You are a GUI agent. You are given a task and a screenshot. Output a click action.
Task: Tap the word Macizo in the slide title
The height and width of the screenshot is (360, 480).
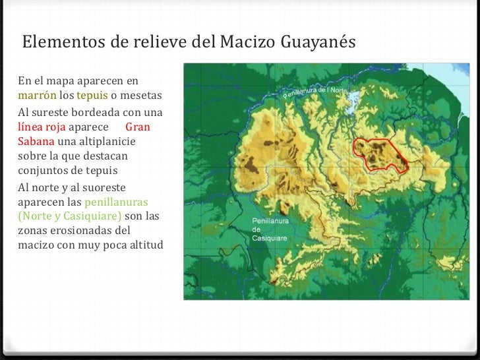[x=253, y=42]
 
